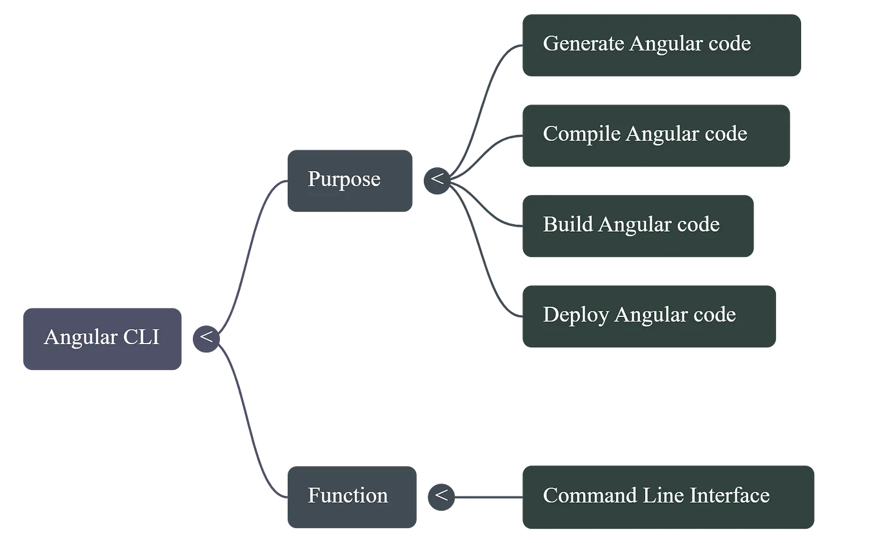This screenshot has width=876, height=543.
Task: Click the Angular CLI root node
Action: point(103,338)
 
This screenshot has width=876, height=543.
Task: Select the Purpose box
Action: point(349,180)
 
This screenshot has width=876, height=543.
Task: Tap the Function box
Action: point(351,497)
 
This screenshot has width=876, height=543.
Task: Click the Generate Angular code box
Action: point(662,45)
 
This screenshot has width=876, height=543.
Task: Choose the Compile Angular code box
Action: point(657,135)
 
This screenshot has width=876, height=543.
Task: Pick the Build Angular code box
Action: point(638,225)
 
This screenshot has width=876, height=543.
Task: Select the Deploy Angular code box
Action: point(649,316)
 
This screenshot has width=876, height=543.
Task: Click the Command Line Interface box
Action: point(670,497)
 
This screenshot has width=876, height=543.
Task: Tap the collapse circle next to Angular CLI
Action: point(206,338)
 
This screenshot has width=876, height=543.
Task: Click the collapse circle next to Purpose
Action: point(437,179)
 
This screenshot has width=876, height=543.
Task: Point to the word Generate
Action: point(583,44)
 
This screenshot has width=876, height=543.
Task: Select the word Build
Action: point(568,225)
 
